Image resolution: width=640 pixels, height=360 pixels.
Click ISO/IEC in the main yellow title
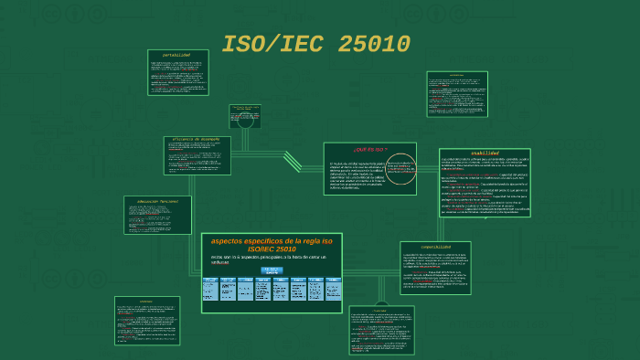point(273,44)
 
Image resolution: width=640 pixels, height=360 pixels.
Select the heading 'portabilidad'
point(176,55)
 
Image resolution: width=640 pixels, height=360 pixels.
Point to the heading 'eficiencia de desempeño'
point(196,140)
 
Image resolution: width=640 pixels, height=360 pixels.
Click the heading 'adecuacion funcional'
point(157,200)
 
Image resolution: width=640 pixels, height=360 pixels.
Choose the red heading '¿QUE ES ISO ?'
point(369,148)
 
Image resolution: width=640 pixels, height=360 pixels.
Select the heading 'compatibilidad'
point(435,246)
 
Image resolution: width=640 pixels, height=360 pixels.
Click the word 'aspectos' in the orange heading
point(236,240)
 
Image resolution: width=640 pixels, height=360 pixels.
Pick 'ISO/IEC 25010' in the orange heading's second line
point(272,249)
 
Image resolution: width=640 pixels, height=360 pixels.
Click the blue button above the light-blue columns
point(272,270)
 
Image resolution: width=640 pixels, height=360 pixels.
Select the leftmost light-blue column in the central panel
point(210,289)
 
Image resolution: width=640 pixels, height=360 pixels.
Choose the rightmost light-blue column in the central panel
point(334,289)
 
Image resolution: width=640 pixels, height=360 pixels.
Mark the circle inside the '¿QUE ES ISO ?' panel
point(400,169)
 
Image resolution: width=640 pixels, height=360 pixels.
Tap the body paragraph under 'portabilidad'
point(176,76)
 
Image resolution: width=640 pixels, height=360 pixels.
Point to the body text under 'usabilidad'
point(485,187)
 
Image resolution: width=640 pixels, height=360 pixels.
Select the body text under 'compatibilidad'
point(435,270)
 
